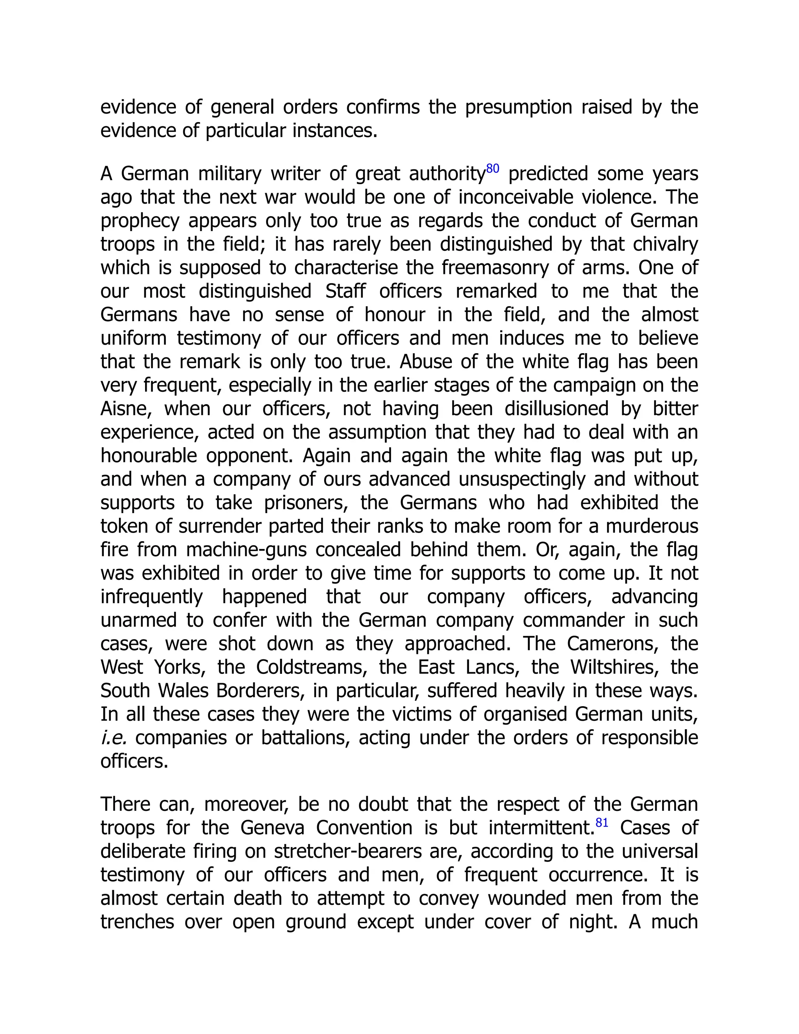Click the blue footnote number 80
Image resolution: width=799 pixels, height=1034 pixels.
tap(492, 169)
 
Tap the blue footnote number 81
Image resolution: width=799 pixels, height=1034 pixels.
tap(602, 823)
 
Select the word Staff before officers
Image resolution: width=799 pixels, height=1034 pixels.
tap(345, 291)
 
